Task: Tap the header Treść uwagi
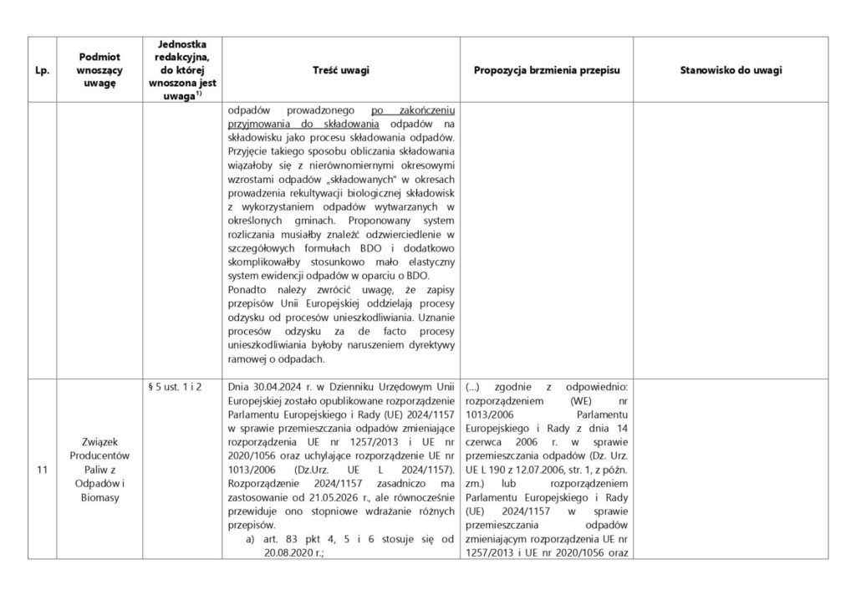(341, 71)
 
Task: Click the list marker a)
(249, 539)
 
